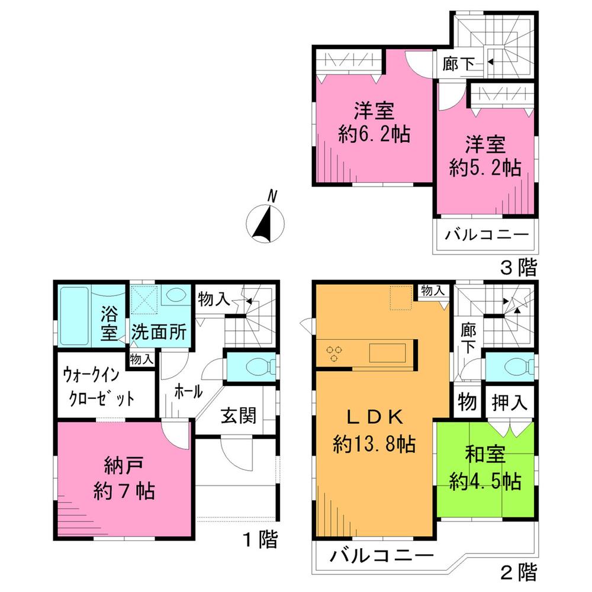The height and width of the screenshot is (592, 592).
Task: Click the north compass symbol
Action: point(265,223)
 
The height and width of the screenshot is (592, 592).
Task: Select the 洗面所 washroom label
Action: point(159,332)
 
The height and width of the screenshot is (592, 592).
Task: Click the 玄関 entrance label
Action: point(239,416)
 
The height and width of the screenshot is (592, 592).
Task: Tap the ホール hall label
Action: point(188,391)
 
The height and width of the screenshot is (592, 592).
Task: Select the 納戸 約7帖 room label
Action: point(124,480)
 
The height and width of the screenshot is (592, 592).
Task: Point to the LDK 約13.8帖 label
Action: point(374,430)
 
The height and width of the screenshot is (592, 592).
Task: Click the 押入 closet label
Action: point(510,403)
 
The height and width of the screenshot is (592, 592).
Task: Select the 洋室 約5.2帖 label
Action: point(484,156)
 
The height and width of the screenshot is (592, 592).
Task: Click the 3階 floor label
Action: point(519,268)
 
